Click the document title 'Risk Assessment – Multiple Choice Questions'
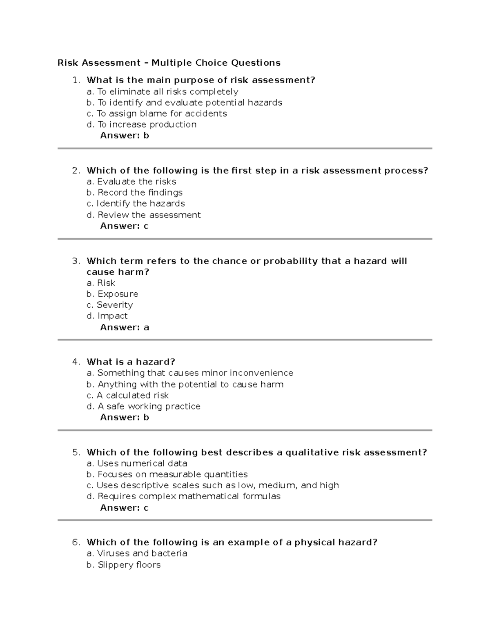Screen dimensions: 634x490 pos(169,63)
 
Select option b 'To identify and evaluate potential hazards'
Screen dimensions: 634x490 pos(184,102)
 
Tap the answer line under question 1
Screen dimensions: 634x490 pos(125,136)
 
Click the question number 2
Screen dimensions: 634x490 pos(76,171)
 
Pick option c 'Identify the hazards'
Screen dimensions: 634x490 pos(136,203)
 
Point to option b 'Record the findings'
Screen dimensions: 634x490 pos(134,192)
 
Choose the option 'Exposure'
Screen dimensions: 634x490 pos(112,294)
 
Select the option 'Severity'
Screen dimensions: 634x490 pos(109,305)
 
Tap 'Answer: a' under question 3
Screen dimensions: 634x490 pos(125,327)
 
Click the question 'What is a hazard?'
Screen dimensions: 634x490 pos(131,362)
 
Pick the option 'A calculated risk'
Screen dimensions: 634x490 pos(127,395)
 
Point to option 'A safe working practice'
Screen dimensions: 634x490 pos(143,406)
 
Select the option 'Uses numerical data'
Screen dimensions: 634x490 pos(137,463)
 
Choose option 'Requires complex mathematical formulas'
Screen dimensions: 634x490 pos(183,496)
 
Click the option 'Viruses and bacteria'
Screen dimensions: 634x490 pos(137,554)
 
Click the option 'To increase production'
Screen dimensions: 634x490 pos(141,125)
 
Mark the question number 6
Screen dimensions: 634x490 pos(76,543)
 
